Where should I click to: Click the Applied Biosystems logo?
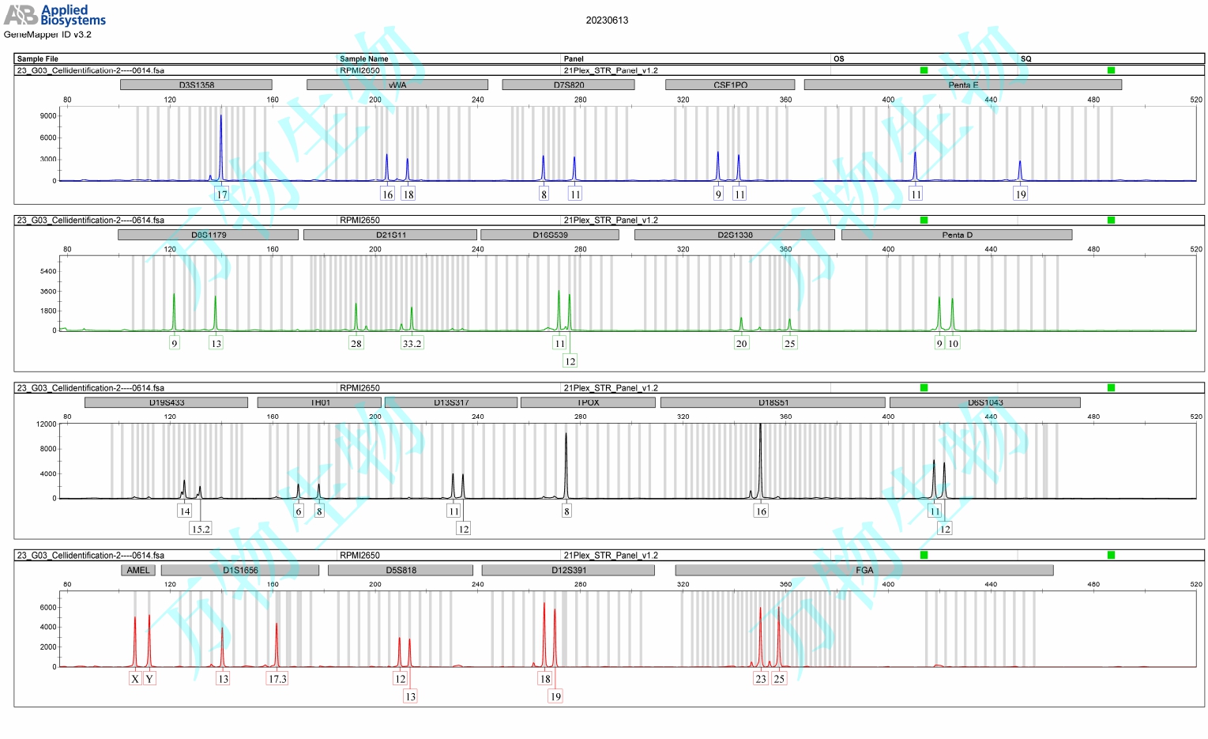[55, 14]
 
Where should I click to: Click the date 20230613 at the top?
[607, 21]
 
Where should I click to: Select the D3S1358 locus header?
[196, 85]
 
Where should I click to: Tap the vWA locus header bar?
[397, 85]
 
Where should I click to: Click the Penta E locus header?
[962, 85]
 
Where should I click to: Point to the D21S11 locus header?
[390, 235]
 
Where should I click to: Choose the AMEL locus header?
[138, 570]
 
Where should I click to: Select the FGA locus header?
[864, 570]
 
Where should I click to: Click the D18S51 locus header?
[773, 402]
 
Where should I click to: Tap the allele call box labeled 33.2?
[412, 343]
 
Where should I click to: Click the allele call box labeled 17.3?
[277, 679]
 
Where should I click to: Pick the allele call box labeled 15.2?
[201, 529]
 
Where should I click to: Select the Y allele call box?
[149, 679]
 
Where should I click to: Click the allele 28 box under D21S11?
[356, 343]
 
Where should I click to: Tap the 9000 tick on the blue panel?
[48, 116]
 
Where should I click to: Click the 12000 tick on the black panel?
[46, 424]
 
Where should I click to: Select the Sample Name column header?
[363, 58]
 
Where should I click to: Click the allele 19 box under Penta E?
[1021, 194]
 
